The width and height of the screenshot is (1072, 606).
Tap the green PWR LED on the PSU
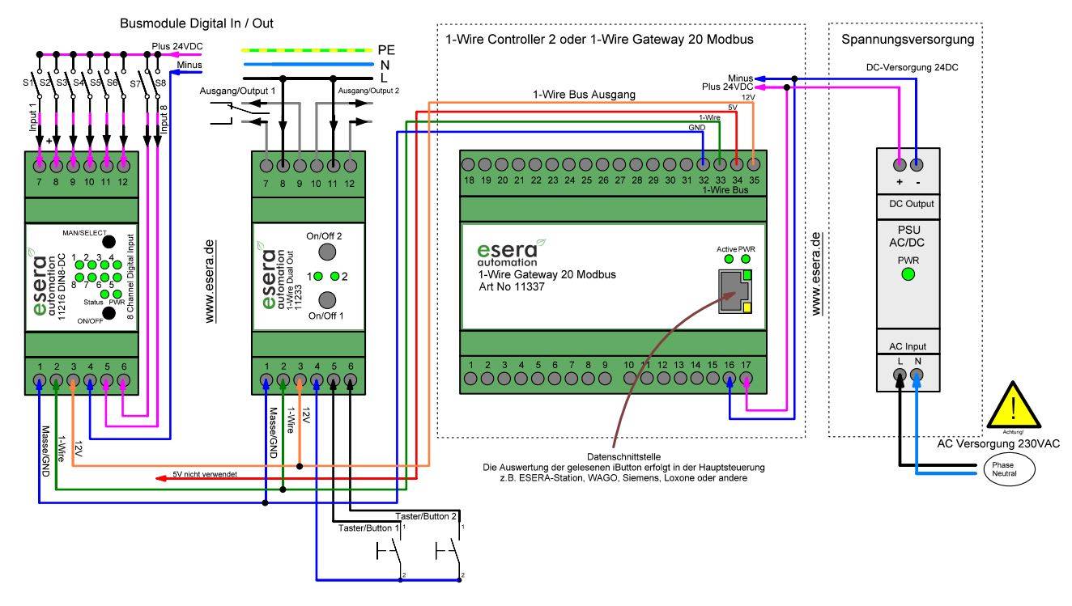pyautogui.click(x=908, y=274)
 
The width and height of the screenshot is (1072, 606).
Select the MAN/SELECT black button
pyautogui.click(x=107, y=241)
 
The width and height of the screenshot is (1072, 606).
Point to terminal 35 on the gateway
pyautogui.click(x=754, y=164)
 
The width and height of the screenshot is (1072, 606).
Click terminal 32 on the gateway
pyautogui.click(x=704, y=164)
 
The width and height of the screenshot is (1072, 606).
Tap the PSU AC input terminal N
pyautogui.click(x=917, y=375)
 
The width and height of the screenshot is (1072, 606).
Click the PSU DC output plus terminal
pyautogui.click(x=900, y=164)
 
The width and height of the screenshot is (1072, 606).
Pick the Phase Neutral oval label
pyautogui.click(x=1010, y=468)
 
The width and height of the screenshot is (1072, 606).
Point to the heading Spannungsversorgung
pyautogui.click(x=907, y=39)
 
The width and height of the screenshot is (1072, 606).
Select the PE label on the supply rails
pyautogui.click(x=387, y=49)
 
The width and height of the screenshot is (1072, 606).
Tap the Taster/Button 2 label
pyautogui.click(x=427, y=515)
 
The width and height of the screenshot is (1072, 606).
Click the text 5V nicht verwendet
pyautogui.click(x=205, y=475)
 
